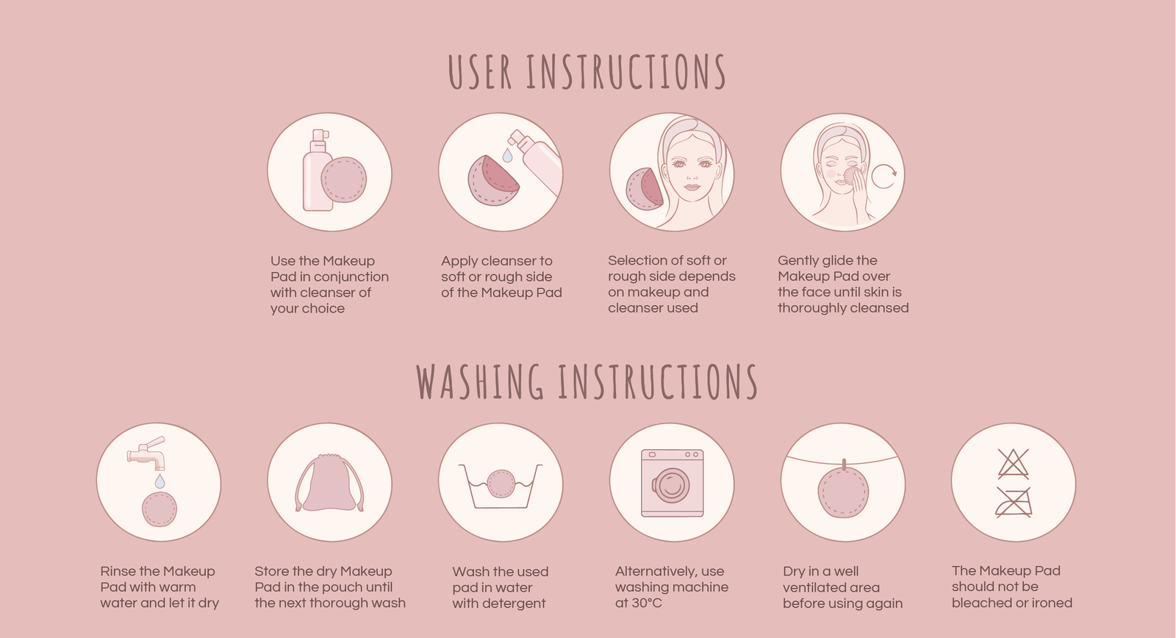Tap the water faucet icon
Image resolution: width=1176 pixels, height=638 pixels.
(x=146, y=454)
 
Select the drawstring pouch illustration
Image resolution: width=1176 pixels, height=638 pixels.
(x=329, y=483)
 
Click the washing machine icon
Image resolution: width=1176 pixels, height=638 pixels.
(x=672, y=483)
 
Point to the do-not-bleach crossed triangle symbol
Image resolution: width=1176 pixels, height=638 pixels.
(x=1014, y=464)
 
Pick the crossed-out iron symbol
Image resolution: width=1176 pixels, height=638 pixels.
(x=1014, y=503)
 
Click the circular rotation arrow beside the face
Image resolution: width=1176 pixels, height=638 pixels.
(x=884, y=176)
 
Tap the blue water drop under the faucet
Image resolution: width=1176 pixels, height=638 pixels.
(x=159, y=481)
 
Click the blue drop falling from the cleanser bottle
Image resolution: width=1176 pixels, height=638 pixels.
(x=507, y=155)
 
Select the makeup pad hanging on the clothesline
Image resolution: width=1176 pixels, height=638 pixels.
(x=843, y=492)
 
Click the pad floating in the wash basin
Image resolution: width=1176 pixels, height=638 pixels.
(x=501, y=484)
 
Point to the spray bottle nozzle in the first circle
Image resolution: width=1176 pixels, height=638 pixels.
(x=320, y=135)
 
